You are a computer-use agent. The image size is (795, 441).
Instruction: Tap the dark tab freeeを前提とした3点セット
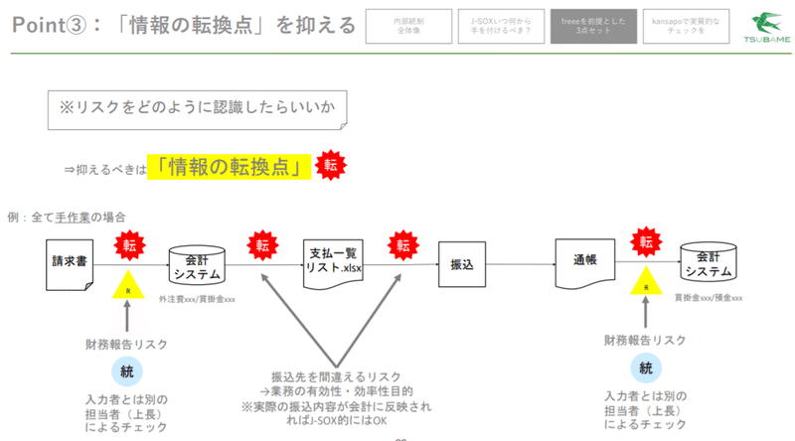pos(580,26)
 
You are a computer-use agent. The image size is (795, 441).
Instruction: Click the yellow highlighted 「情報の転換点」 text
pos(227,167)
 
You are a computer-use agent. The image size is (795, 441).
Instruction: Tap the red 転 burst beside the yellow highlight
pos(330,165)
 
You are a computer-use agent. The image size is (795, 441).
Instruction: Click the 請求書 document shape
pos(72,263)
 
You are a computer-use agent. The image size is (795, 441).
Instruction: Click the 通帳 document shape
pos(581,263)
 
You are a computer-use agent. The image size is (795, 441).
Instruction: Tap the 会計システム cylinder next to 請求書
pos(199,263)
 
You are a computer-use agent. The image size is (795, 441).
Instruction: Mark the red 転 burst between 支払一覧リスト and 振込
pos(404,244)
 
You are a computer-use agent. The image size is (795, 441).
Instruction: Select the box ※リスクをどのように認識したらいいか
pos(198,110)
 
